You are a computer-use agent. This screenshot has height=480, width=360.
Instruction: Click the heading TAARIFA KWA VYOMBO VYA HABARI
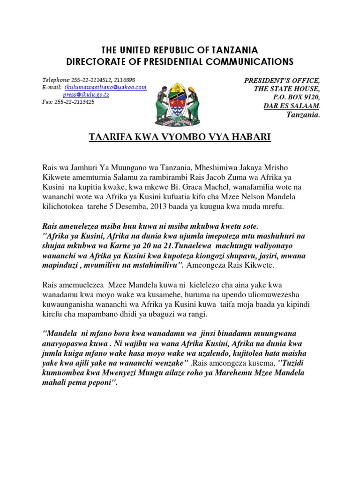(x=180, y=137)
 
